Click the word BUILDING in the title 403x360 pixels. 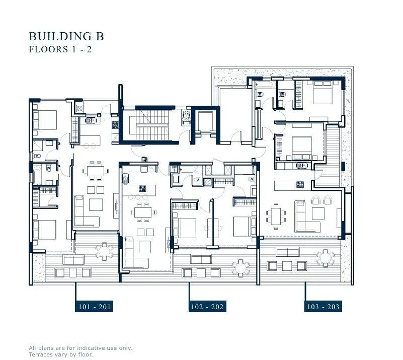(60, 36)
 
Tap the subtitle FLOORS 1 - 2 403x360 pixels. (60, 49)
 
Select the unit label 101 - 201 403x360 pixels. (94, 307)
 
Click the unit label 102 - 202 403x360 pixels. (207, 307)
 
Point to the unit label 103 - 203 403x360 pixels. (323, 307)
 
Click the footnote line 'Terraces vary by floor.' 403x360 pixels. (61, 354)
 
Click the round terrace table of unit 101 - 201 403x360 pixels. (104, 251)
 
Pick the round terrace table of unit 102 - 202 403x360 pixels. (240, 268)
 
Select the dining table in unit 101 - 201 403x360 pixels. (96, 171)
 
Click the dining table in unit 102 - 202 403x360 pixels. (143, 212)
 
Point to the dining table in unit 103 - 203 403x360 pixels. (276, 216)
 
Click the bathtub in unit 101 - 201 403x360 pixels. (37, 175)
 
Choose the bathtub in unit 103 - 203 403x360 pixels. (266, 85)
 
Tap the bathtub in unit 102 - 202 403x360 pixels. (189, 169)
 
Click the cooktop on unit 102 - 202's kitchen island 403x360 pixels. (142, 188)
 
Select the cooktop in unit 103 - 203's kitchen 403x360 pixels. (300, 184)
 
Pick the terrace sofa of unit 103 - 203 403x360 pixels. (288, 252)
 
